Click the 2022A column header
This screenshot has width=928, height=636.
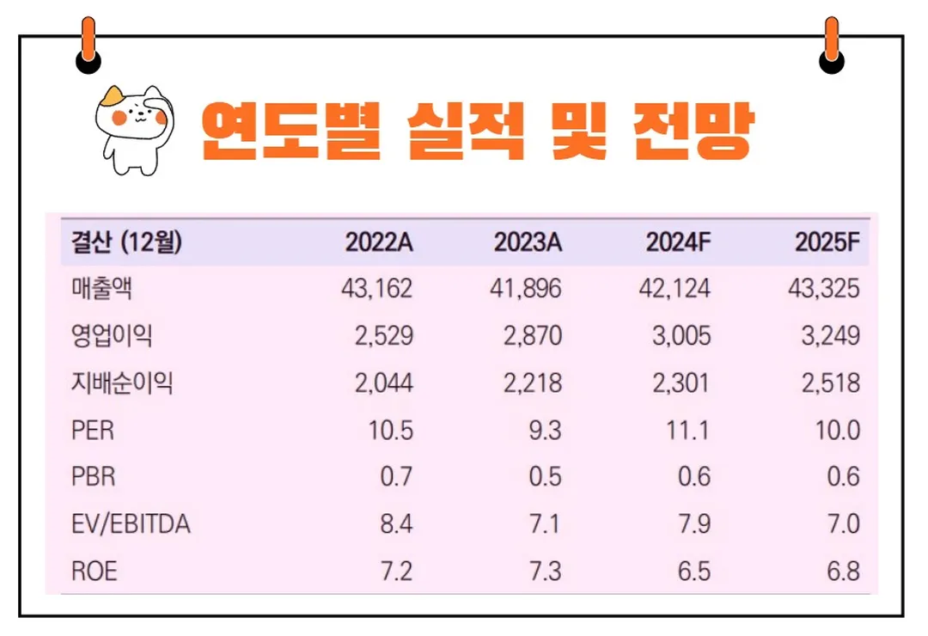[379, 242]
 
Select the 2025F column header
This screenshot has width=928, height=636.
[827, 242]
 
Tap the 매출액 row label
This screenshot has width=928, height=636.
[101, 289]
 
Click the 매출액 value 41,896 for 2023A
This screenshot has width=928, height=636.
[527, 289]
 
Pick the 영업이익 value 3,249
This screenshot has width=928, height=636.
[830, 335]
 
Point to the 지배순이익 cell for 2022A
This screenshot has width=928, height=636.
[383, 382]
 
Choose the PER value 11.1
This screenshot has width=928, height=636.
[687, 429]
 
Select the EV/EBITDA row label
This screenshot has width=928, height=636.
[131, 523]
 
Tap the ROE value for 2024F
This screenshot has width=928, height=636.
[693, 571]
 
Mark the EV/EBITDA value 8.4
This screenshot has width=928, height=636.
[396, 523]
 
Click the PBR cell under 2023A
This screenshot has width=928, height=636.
[545, 476]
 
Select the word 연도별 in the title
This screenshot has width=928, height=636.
[290, 132]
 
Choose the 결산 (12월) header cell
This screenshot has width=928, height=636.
[126, 242]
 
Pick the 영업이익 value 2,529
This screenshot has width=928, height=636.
[383, 335]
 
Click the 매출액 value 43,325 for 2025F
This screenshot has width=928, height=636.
[823, 289]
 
